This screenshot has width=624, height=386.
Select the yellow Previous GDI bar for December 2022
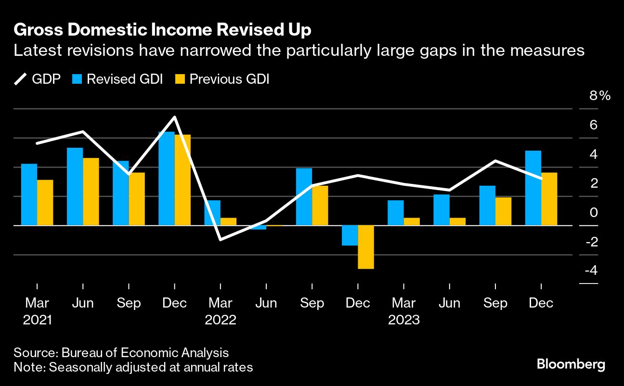366,247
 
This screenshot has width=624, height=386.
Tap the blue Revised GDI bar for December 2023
533,188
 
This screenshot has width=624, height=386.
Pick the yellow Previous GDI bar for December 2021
182,180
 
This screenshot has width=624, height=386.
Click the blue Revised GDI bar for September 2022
304,196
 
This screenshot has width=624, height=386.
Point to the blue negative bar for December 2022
350,235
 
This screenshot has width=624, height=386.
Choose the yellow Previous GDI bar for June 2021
91,192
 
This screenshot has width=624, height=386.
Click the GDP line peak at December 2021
174,117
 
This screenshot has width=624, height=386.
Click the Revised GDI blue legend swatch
78,79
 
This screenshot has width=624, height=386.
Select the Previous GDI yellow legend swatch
181,79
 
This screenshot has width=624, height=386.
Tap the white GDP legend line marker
21,79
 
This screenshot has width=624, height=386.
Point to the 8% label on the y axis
599,96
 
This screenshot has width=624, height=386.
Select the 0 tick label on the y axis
594,212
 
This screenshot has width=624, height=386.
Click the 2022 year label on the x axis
220,320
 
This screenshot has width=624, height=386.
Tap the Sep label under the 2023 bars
495,303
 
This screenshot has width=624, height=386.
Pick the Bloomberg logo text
571,364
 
